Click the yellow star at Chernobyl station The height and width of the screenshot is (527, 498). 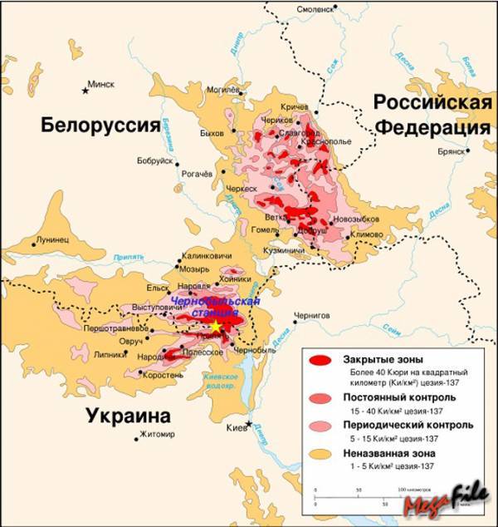click(217, 327)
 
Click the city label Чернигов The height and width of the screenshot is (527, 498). click(311, 317)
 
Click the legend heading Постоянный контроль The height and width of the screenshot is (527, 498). click(391, 398)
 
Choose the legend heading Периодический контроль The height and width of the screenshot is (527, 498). click(397, 426)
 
